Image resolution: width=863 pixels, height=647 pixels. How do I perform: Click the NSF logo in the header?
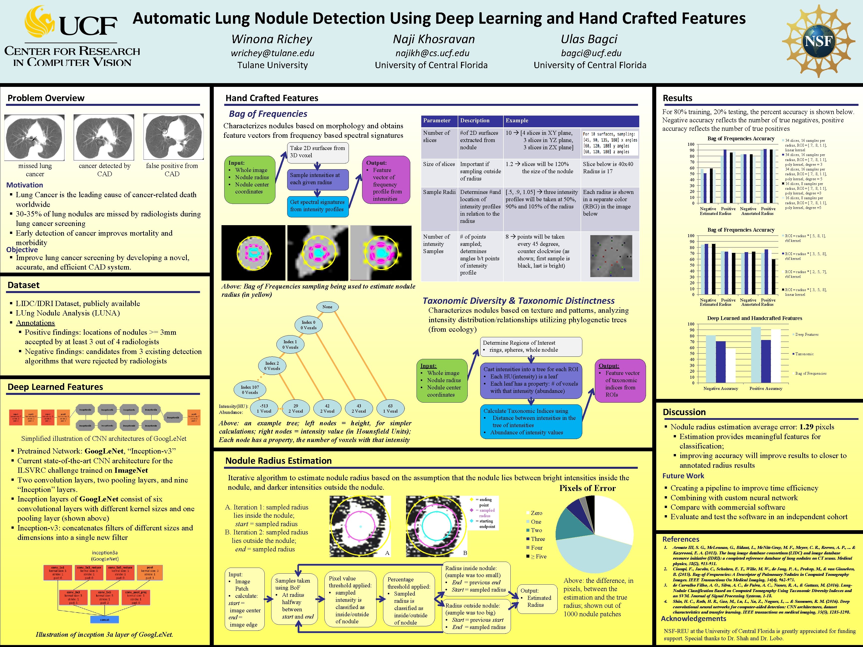819,41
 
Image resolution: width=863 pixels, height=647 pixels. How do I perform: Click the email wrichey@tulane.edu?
272,53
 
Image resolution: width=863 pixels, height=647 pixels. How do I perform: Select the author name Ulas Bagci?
589,39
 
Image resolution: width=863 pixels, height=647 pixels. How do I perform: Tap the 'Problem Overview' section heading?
46,98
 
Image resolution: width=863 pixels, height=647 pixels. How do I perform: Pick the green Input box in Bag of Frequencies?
250,180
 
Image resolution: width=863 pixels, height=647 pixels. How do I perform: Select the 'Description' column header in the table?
474,121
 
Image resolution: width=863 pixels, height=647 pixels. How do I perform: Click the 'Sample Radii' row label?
439,192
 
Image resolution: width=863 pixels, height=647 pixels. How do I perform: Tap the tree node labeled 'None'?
327,307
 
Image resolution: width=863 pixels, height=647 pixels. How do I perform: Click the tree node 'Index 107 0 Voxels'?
250,390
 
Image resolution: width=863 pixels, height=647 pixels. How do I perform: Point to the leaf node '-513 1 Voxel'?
264,408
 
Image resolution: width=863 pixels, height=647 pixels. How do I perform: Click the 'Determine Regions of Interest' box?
531,346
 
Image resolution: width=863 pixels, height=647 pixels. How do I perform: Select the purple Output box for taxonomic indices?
620,380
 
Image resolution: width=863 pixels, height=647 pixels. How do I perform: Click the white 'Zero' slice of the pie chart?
613,517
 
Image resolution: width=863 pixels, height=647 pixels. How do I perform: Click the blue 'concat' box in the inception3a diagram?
105,619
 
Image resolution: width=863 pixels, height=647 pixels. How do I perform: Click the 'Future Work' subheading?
683,476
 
